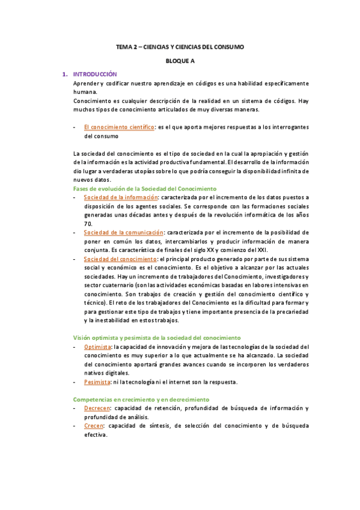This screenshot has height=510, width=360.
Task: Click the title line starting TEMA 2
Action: coord(180,47)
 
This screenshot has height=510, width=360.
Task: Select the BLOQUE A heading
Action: coord(180,61)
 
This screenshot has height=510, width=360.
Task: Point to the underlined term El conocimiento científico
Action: coord(119,127)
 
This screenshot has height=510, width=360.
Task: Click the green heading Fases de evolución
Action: coord(144,188)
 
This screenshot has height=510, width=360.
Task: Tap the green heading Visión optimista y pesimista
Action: coord(156,337)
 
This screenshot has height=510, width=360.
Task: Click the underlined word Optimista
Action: coord(97,346)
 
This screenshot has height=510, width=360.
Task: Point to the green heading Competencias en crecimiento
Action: coord(141,399)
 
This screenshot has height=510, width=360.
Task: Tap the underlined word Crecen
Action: coord(94,425)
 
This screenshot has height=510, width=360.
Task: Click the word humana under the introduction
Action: coord(84,92)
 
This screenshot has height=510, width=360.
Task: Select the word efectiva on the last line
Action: coord(96,434)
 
